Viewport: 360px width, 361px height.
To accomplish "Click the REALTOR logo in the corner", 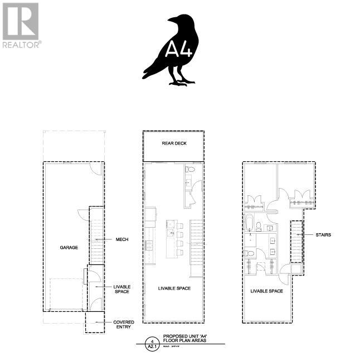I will pos(21,25).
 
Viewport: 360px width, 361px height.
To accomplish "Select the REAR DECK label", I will pos(174,143).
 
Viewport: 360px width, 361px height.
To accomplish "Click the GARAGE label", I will pos(69,247).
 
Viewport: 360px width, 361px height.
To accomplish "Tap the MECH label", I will pos(122,239).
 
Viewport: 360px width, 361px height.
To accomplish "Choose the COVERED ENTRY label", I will pos(123,324).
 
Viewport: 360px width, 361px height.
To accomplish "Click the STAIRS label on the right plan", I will pos(323,235).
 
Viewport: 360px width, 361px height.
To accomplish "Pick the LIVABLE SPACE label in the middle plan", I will pos(174,288).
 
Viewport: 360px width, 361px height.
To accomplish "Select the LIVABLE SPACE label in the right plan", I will pos(266,291).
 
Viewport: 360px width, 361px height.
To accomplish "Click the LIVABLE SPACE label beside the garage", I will pos(122,289).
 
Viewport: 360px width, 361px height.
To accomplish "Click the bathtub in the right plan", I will pos(249,223).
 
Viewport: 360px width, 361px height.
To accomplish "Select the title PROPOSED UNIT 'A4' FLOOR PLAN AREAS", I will pos(184,339).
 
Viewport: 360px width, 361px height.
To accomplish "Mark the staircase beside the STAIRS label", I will pos(295,240).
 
